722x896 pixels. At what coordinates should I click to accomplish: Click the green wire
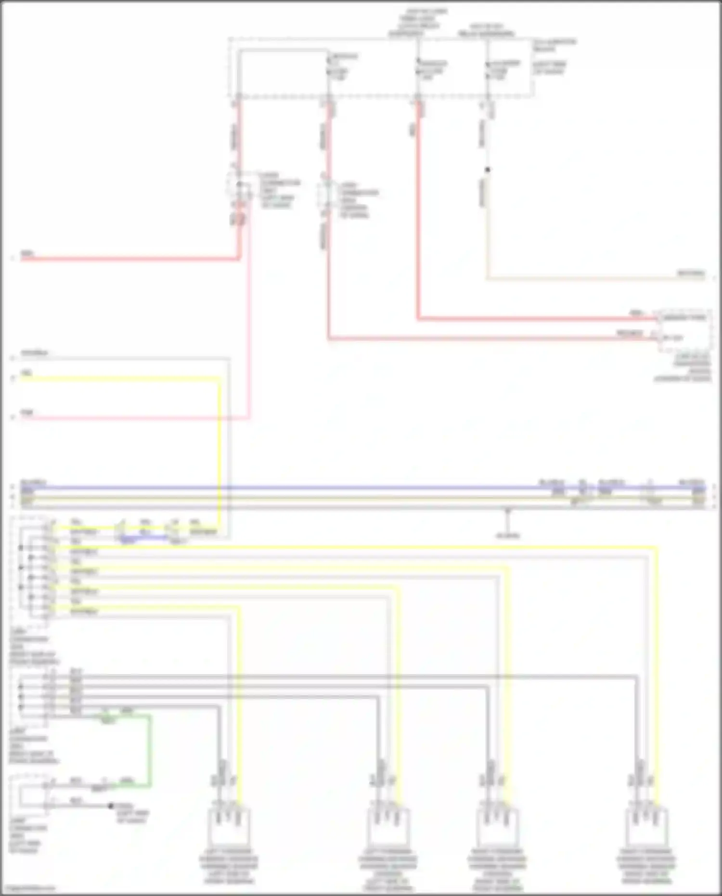[x=150, y=751]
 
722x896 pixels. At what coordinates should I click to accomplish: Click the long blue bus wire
[x=337, y=488]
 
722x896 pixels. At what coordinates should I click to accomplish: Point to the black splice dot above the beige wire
[x=488, y=170]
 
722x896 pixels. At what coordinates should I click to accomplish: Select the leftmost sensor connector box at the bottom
[x=229, y=825]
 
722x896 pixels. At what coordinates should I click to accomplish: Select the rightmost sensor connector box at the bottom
[x=646, y=825]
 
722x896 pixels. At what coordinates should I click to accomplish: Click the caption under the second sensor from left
[x=388, y=869]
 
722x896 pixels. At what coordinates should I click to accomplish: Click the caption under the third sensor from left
[x=497, y=869]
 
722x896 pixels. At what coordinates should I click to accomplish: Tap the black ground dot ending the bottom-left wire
[x=111, y=805]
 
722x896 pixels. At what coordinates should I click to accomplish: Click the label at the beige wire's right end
[x=691, y=273]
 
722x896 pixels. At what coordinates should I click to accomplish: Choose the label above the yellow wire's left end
[x=27, y=373]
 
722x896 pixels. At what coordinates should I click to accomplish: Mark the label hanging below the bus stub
[x=508, y=535]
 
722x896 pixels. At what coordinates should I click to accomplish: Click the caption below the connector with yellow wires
[x=34, y=650]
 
